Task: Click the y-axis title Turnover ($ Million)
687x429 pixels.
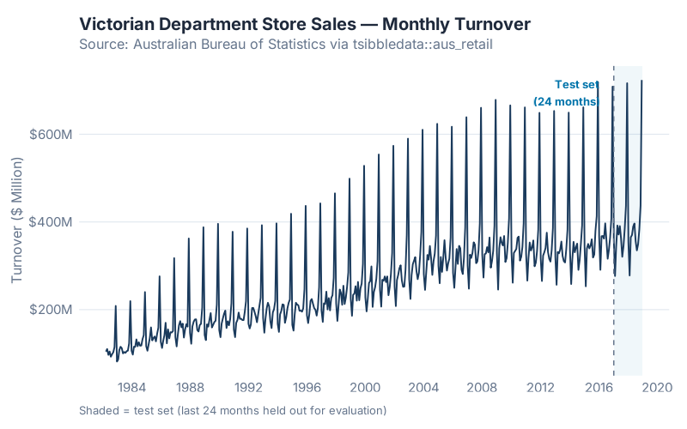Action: point(17,221)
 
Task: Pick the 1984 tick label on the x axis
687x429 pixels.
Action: point(131,387)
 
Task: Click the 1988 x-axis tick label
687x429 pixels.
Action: point(190,387)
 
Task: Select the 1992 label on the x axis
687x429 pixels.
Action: point(248,387)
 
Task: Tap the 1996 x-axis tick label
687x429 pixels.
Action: point(307,387)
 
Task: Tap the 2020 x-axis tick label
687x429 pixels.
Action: point(657,387)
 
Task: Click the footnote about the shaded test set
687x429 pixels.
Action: point(233,410)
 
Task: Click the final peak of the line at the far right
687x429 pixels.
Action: point(641,82)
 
